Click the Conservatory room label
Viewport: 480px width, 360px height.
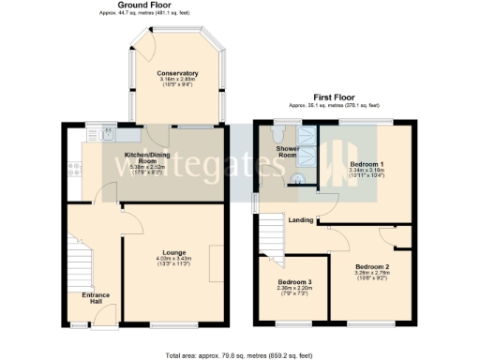[x=177, y=73]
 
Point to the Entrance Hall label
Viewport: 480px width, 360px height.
[x=95, y=298]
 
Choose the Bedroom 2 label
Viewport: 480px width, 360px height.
[x=372, y=266]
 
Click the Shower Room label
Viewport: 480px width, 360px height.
[x=287, y=151]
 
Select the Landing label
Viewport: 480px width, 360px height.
[x=301, y=220]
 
